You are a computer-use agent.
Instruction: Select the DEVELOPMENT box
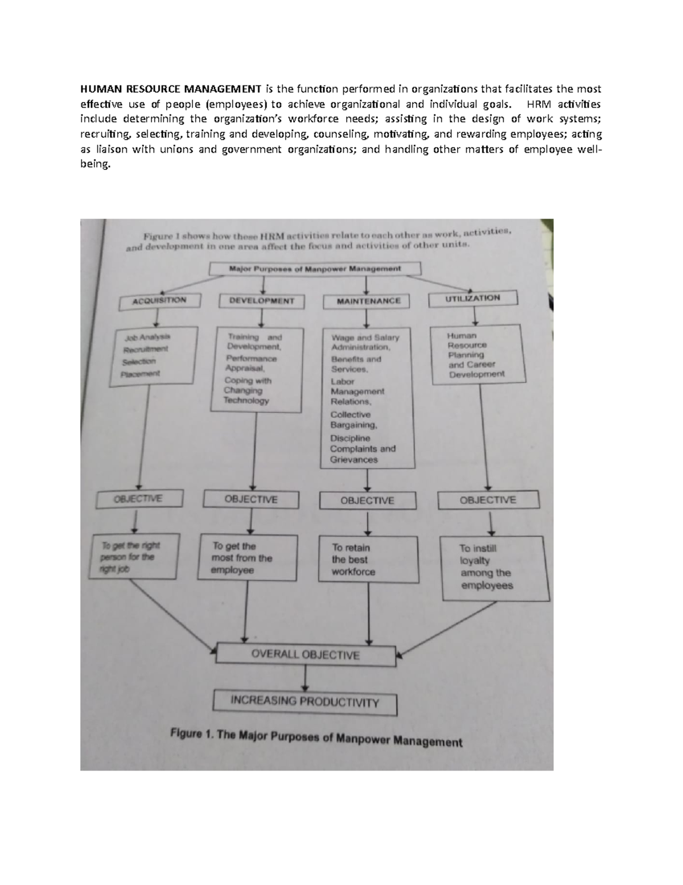tap(261, 301)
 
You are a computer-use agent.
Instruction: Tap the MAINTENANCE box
tap(368, 300)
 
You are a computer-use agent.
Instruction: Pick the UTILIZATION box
tap(472, 298)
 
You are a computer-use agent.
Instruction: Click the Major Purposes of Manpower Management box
tap(315, 268)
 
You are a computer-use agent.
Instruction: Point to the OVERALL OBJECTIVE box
tap(306, 655)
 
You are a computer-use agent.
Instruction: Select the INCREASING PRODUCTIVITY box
tap(305, 702)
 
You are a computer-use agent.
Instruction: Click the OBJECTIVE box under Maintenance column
tap(367, 501)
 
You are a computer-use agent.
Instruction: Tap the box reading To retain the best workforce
tap(368, 560)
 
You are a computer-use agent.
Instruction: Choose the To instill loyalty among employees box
tap(495, 568)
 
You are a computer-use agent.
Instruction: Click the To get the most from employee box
tap(248, 558)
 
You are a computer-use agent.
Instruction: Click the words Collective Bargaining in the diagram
tap(353, 420)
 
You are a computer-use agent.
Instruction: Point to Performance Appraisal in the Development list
tap(251, 364)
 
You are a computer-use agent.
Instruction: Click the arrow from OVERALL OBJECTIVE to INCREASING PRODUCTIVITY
tap(306, 678)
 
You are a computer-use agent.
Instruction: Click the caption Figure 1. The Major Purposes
tap(316, 739)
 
